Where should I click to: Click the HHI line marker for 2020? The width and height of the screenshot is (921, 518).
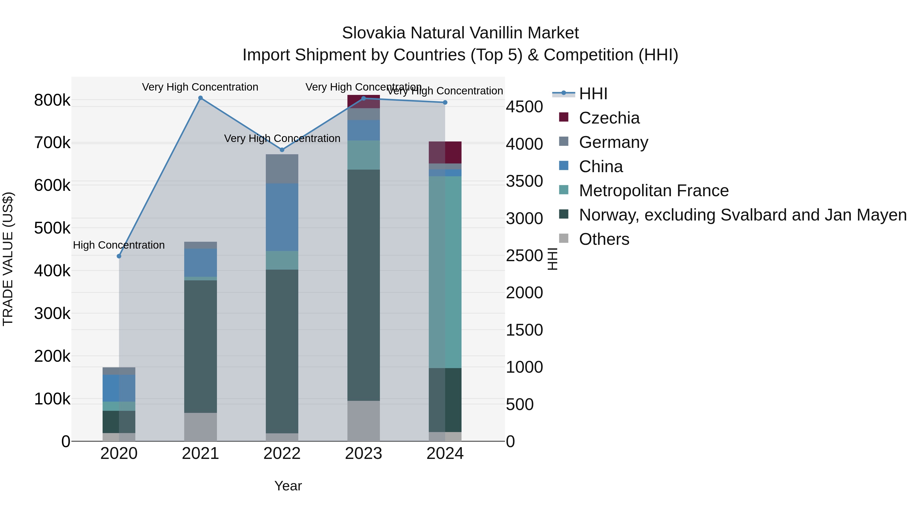point(119,256)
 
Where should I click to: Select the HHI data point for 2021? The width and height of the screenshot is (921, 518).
point(201,98)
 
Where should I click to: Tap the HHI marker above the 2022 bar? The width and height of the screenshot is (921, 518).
point(282,150)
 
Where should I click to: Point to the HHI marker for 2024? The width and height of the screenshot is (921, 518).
point(445,103)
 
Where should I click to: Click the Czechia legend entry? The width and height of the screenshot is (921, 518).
point(609,118)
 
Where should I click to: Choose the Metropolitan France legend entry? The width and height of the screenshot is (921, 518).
point(654,191)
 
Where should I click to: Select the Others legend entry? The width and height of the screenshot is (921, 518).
point(604,239)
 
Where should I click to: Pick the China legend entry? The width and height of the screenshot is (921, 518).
point(601,167)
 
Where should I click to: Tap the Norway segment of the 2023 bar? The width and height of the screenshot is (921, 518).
point(364,285)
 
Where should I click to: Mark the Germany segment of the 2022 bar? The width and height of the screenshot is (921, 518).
point(282,169)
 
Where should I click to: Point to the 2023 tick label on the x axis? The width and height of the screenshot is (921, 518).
point(364,454)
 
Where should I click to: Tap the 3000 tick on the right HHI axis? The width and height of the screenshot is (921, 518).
point(524,218)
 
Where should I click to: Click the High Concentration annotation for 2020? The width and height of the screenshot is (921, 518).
point(119,245)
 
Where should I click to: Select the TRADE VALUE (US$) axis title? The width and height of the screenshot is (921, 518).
point(8,259)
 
